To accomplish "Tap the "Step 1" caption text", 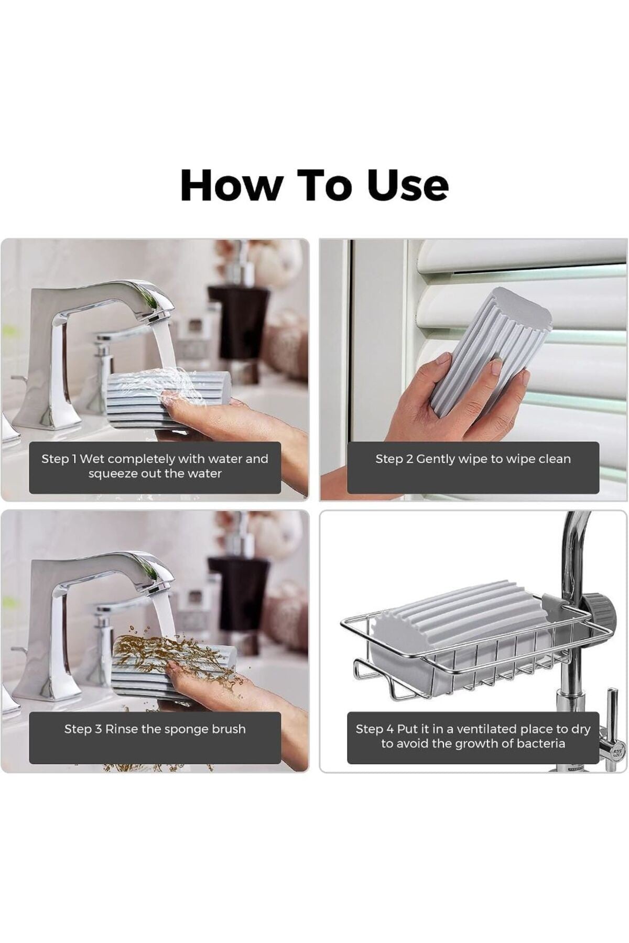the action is [x=155, y=466].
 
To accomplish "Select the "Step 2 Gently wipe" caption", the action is [x=473, y=459].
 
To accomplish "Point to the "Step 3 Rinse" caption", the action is [x=155, y=729].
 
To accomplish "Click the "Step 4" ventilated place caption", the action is [x=473, y=736].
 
